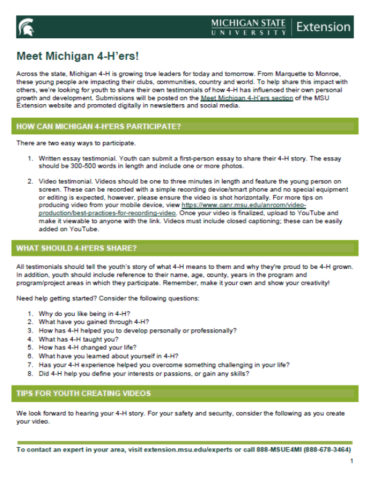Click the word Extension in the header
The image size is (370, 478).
(323, 28)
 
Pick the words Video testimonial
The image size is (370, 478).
(64, 181)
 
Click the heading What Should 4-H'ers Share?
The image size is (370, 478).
(77, 248)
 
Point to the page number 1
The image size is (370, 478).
(351, 461)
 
